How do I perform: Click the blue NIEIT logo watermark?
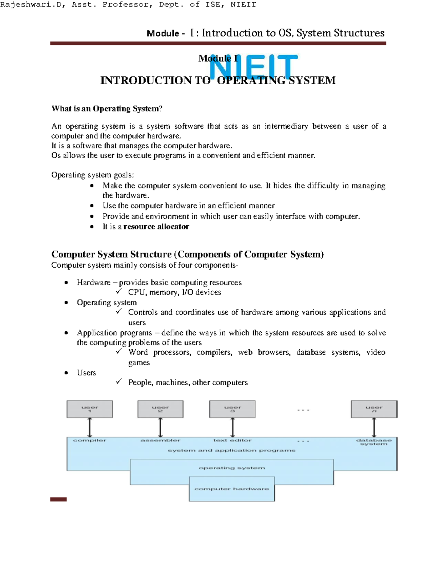pyautogui.click(x=253, y=67)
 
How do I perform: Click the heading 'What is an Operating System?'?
pyautogui.click(x=107, y=109)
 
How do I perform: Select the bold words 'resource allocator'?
pyautogui.click(x=156, y=227)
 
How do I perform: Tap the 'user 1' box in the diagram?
pyautogui.click(x=90, y=409)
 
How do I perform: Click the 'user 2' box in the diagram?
pyautogui.click(x=160, y=409)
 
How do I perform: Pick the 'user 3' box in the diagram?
pyautogui.click(x=233, y=409)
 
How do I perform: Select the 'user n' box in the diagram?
pyautogui.click(x=374, y=409)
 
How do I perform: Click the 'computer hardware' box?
pyautogui.click(x=232, y=489)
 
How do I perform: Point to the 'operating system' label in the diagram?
pyautogui.click(x=232, y=468)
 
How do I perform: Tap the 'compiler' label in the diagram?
pyautogui.click(x=90, y=440)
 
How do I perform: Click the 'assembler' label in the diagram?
pyautogui.click(x=160, y=440)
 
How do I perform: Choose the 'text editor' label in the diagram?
pyautogui.click(x=233, y=440)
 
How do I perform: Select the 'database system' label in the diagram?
pyautogui.click(x=374, y=442)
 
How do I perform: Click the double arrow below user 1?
pyautogui.click(x=90, y=427)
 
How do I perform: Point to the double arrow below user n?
pyautogui.click(x=374, y=427)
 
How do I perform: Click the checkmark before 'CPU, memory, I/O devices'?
pyautogui.click(x=118, y=292)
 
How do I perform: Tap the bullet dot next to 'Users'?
pyautogui.click(x=66, y=373)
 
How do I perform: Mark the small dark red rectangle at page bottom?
pyautogui.click(x=58, y=499)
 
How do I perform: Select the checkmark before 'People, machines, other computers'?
pyautogui.click(x=118, y=382)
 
